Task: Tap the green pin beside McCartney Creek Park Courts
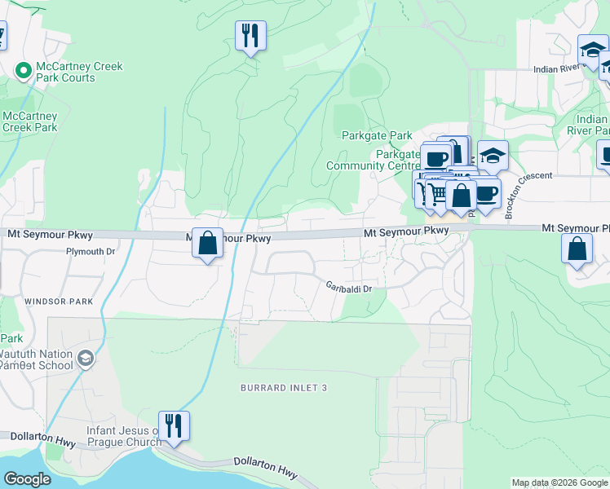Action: [22, 72]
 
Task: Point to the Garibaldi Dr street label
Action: [349, 288]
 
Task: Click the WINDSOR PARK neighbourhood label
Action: [59, 302]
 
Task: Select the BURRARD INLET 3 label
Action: [284, 388]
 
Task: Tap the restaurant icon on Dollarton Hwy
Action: [174, 425]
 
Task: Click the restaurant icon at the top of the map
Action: [250, 36]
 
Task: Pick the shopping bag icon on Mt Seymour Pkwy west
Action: [208, 242]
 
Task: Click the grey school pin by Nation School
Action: [85, 359]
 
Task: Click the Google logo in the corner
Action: [27, 479]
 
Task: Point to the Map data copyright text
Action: [559, 482]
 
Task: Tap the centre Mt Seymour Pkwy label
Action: [406, 232]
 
